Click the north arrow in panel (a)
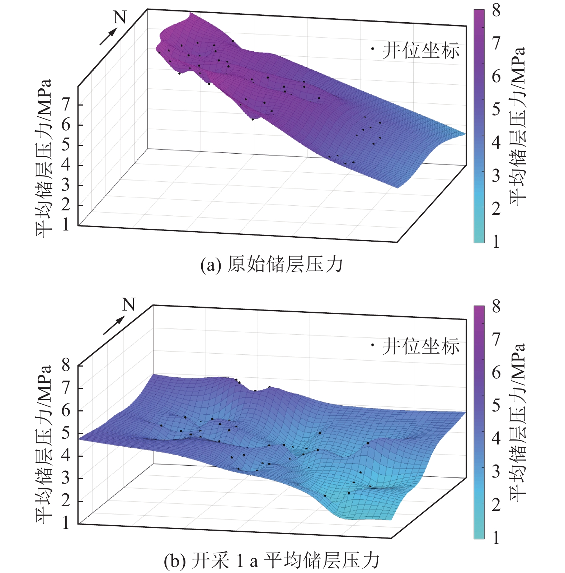point(108,37)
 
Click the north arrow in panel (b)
point(114,325)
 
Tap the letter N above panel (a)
point(120,17)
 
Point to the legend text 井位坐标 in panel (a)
point(421,51)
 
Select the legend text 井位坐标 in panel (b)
point(421,346)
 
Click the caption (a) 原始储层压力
point(272,265)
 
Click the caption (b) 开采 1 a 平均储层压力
point(272,560)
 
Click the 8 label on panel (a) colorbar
point(496,10)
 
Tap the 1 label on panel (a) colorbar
point(496,242)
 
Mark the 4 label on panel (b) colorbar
point(496,438)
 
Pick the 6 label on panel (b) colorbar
point(496,372)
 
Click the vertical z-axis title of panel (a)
point(44,158)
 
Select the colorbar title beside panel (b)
point(518,422)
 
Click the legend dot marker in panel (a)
point(373,49)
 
